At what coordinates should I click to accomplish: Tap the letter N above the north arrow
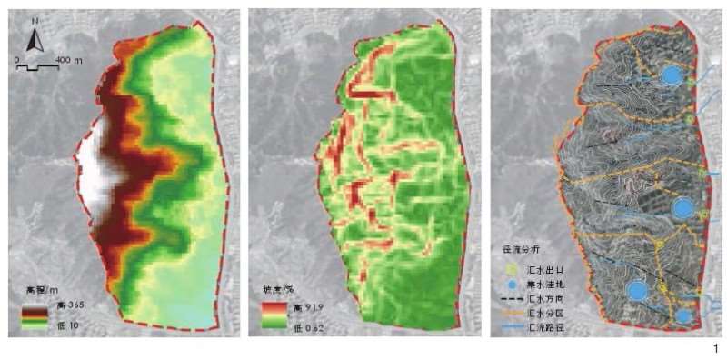pos(35,21)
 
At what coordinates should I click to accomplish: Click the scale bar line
pos(35,66)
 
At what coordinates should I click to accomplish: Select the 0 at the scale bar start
pos(16,59)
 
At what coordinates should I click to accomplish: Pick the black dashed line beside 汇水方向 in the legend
pos(512,297)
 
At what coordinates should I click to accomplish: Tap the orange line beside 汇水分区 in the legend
pos(512,311)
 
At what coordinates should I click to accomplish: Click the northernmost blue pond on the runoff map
pos(671,75)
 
